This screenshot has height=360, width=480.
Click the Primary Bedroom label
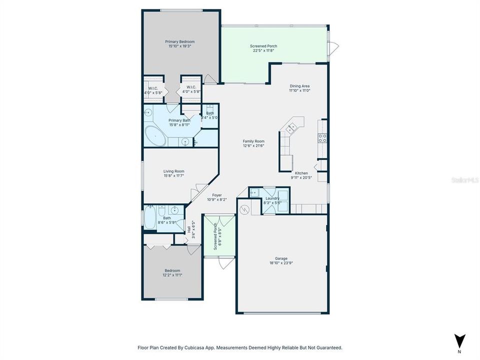180,41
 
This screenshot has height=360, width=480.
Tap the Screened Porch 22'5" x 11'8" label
263,46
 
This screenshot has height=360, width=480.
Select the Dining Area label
300,86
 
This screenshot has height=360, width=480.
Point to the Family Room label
253,141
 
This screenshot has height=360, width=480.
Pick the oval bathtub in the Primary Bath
155,136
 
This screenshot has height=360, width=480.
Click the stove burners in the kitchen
322,138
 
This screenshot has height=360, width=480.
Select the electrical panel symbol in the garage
244,209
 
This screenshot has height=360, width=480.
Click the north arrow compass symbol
459,339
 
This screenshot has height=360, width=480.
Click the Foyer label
216,195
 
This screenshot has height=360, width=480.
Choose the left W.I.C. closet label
153,88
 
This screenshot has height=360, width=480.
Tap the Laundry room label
272,198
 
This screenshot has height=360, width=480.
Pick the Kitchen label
301,173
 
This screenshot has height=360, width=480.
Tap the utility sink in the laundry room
254,192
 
